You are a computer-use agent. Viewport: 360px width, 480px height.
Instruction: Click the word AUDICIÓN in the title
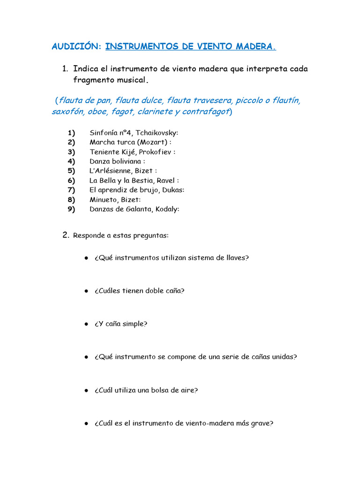click(75, 46)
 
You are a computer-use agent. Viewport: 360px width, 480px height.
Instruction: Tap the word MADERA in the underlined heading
click(255, 46)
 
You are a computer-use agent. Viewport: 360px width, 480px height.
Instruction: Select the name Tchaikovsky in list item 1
click(157, 133)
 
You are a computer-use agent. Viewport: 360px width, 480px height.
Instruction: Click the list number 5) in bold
click(71, 171)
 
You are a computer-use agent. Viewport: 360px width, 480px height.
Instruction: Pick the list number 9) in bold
click(71, 209)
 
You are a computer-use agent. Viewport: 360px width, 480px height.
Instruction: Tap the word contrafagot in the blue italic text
click(205, 112)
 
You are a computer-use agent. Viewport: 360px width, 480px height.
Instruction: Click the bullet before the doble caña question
click(87, 291)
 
